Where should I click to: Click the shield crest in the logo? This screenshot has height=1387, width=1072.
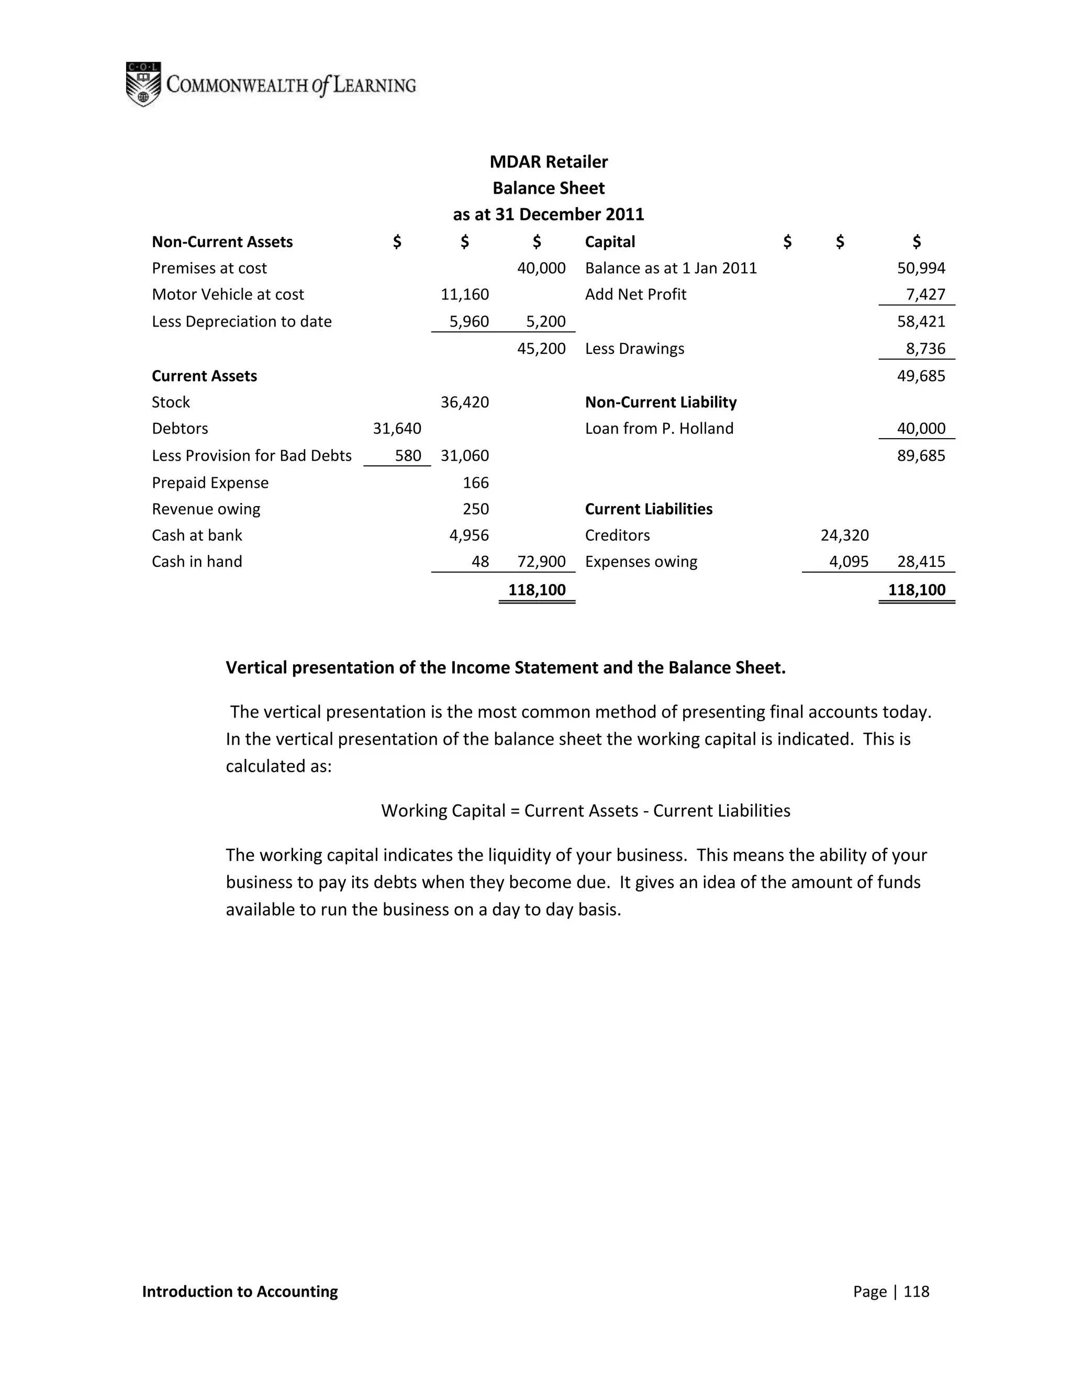coord(143,84)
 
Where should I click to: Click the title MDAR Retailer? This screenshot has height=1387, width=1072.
coord(548,162)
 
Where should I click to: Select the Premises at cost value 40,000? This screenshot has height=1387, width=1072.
coord(541,268)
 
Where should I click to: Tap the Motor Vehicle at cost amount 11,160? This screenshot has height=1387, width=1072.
coord(464,295)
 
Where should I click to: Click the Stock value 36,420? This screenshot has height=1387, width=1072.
coord(464,402)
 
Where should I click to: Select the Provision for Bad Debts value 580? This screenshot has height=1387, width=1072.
coord(408,455)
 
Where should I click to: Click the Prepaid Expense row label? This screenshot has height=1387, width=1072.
coord(209,483)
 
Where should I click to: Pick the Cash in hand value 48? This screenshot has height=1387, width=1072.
coord(480,562)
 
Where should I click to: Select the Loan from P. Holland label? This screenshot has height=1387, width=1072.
coord(658,429)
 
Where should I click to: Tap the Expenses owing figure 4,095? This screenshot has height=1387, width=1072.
coord(848,562)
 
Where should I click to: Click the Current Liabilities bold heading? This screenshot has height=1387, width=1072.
coord(649,509)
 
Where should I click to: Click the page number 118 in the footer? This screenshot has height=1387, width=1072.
coord(916,1292)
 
